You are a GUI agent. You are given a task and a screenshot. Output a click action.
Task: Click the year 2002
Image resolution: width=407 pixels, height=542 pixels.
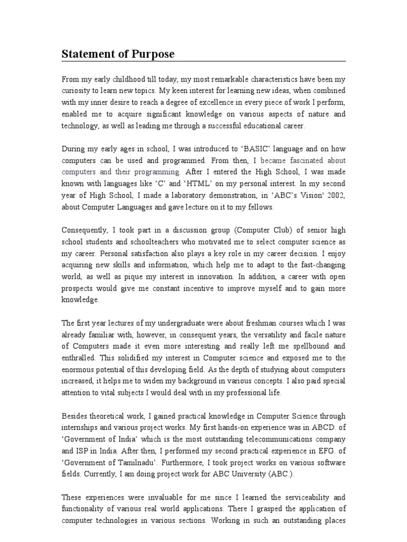335,195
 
